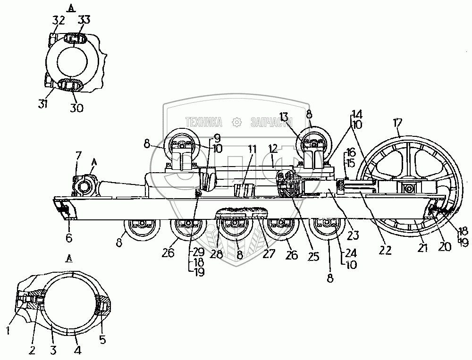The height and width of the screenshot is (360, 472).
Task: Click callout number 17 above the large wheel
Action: point(398,124)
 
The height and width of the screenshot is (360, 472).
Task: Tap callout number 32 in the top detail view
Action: point(59,20)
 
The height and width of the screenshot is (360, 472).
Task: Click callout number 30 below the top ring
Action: point(76,108)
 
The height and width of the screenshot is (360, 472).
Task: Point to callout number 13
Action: point(296,117)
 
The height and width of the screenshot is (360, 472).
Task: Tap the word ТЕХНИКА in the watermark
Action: point(204,123)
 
